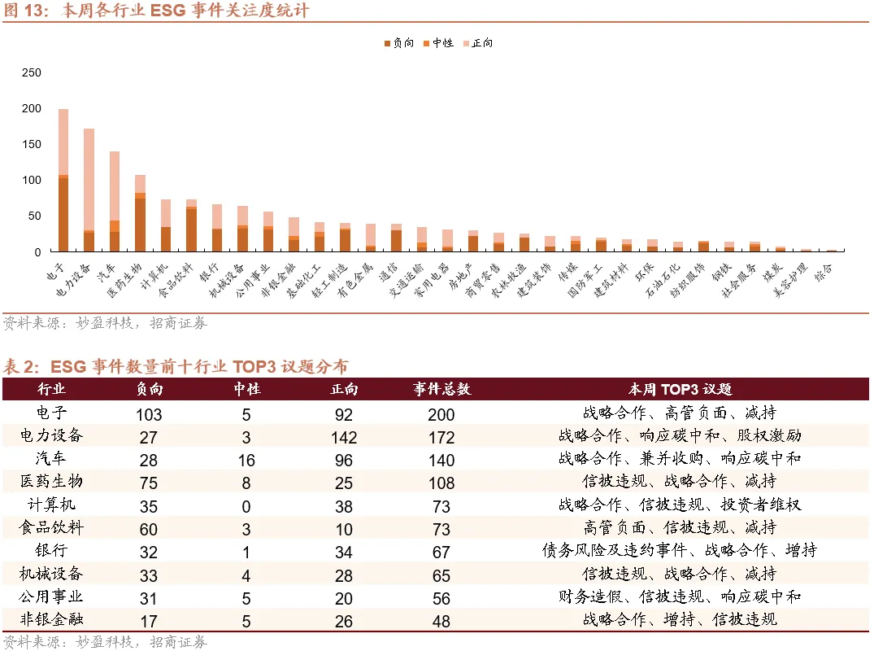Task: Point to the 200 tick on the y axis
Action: click(32, 108)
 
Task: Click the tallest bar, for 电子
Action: click(63, 180)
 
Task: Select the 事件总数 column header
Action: click(441, 390)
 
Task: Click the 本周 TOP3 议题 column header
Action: click(680, 390)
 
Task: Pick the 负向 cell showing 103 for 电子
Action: click(149, 413)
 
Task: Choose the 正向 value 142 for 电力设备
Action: click(344, 437)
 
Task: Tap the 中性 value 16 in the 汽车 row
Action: click(246, 460)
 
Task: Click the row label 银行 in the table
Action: click(51, 551)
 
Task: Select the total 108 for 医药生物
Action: click(441, 483)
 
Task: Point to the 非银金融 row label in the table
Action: click(51, 619)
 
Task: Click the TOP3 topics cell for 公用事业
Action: click(680, 596)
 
